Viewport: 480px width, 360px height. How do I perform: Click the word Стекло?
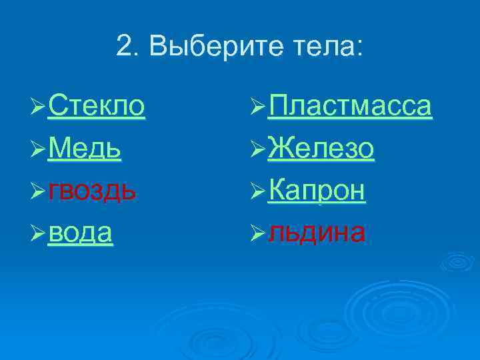pos(96,106)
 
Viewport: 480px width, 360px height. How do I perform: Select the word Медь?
pos(84,149)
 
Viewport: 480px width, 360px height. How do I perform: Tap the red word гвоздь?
pos(93,191)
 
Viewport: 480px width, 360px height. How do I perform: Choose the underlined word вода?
pos(80,233)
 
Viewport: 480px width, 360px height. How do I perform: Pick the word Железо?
pos(321,149)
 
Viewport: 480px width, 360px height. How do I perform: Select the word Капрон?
pos(317,191)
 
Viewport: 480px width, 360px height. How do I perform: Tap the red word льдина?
pos(316,233)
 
